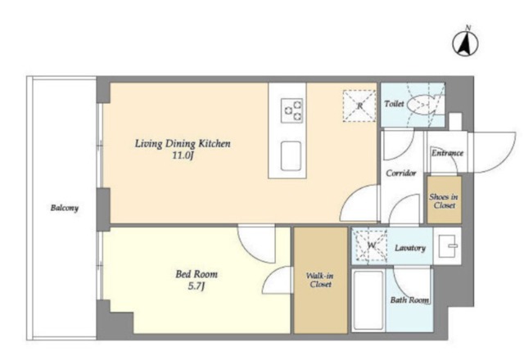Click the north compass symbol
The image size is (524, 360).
(x=465, y=43)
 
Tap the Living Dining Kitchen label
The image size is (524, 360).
(x=183, y=144)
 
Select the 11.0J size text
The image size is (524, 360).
(x=183, y=155)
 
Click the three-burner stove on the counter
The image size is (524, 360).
(x=291, y=110)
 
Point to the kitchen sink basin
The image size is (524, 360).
(x=291, y=156)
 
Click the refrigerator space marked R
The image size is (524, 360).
(x=359, y=106)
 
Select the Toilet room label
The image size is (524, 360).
(x=394, y=104)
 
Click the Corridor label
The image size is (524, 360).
(x=401, y=173)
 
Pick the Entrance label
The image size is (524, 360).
(x=447, y=153)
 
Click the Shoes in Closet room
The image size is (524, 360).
(x=444, y=200)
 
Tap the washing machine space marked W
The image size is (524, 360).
(x=371, y=245)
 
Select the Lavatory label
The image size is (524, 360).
(x=410, y=248)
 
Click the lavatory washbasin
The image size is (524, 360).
(x=447, y=246)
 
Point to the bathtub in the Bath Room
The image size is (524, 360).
(x=368, y=300)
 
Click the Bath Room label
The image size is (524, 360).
(x=409, y=300)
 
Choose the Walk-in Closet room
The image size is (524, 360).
(x=320, y=280)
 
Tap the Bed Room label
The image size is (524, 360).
(x=196, y=274)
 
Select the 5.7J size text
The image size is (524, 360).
(x=196, y=286)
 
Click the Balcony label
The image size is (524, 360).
(x=65, y=208)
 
